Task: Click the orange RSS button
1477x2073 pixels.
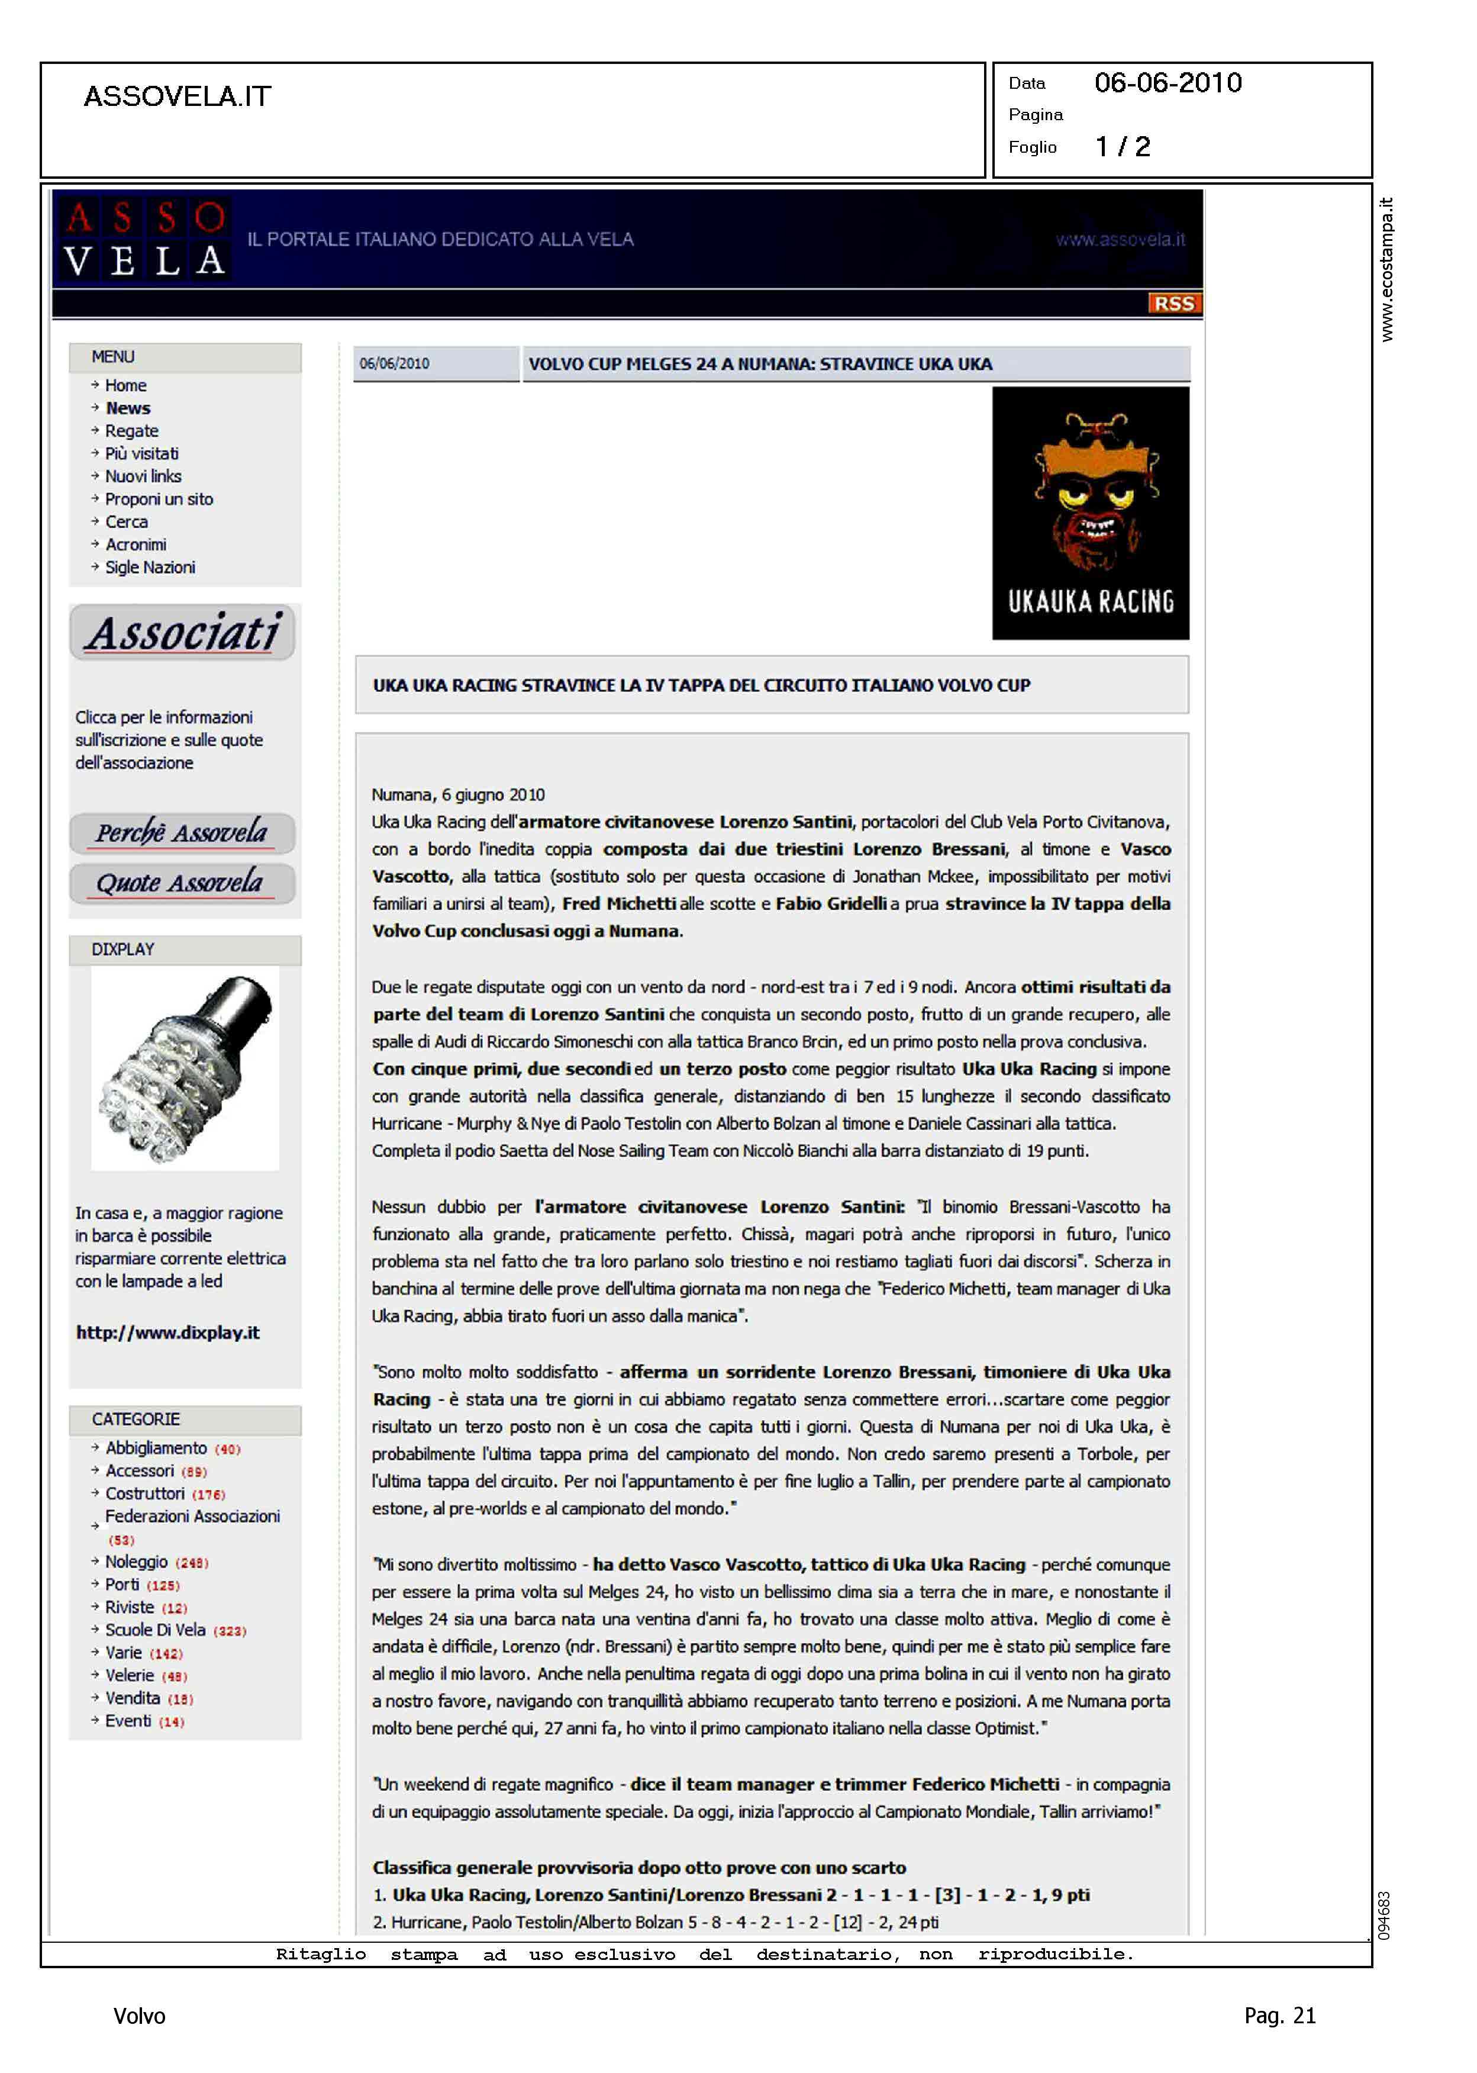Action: (x=1173, y=303)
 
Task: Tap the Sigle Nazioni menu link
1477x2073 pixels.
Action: (x=150, y=568)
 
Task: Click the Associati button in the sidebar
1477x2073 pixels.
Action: (x=183, y=633)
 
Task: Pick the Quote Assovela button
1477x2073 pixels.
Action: (x=182, y=883)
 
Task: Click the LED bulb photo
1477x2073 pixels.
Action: (x=186, y=1069)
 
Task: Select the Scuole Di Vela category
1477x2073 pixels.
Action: (x=156, y=1630)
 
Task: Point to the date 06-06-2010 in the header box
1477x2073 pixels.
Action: (x=1168, y=83)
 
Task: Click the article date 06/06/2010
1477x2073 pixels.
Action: (x=395, y=364)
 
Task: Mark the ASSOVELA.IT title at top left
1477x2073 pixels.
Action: (x=178, y=96)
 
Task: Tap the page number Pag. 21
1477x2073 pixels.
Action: (x=1279, y=2016)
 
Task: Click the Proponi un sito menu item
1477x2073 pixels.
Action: (x=159, y=500)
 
